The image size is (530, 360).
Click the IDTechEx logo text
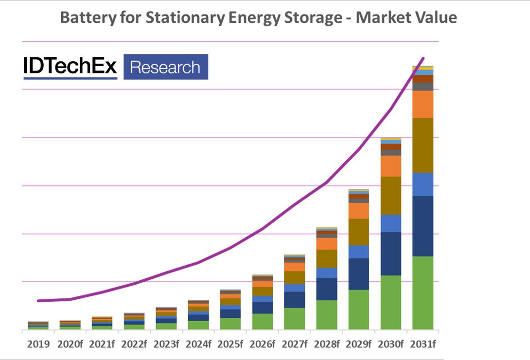pyautogui.click(x=70, y=67)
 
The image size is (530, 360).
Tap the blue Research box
pyautogui.click(x=165, y=67)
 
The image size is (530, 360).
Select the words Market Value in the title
pyautogui.click(x=406, y=18)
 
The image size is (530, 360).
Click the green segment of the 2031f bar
pyautogui.click(x=423, y=292)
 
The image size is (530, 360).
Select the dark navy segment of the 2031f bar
pyautogui.click(x=423, y=226)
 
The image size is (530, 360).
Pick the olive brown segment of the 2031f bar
pyautogui.click(x=423, y=145)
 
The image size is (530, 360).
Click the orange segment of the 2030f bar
pyautogui.click(x=391, y=166)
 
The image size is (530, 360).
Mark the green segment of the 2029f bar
pyautogui.click(x=359, y=309)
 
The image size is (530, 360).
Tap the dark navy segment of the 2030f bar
pyautogui.click(x=391, y=254)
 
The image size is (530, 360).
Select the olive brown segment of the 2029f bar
pyautogui.click(x=359, y=232)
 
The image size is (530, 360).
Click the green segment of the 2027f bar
pyautogui.click(x=295, y=319)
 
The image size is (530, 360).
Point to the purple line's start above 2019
pyautogui.click(x=38, y=301)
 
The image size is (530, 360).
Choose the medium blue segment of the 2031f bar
pyautogui.click(x=423, y=185)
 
